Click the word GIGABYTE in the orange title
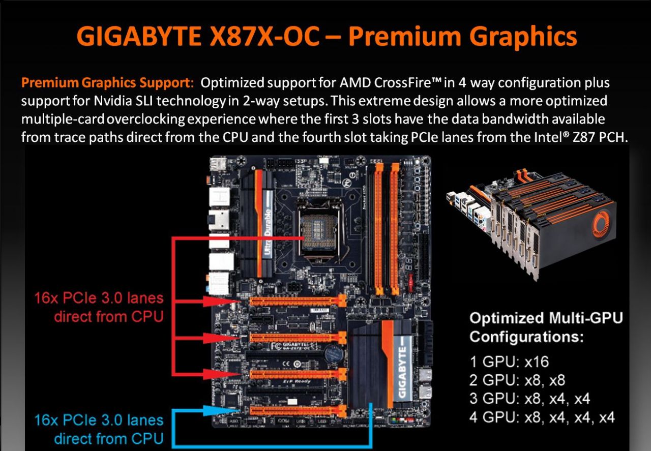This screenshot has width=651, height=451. coord(139,36)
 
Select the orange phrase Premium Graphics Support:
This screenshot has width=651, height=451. coord(107,83)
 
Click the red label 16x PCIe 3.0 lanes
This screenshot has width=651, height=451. coord(99,298)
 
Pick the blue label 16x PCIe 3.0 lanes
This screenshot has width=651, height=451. coord(99,420)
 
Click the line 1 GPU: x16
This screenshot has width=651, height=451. coord(509,362)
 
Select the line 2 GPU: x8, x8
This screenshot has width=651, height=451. coord(517,380)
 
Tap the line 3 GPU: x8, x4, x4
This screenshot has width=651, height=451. coord(529,399)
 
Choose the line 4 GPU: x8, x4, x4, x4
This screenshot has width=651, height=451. coord(542,417)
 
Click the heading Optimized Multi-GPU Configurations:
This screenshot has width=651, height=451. coord(546,327)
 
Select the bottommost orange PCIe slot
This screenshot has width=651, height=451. coord(298,411)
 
